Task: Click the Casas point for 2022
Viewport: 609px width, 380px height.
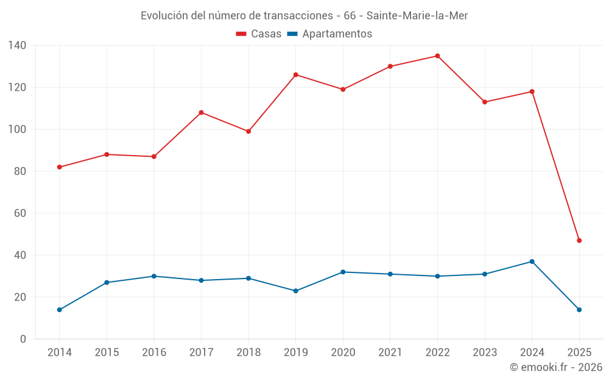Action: pyautogui.click(x=437, y=56)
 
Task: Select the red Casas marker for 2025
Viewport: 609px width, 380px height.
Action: pyautogui.click(x=579, y=241)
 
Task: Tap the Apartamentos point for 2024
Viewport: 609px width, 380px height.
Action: pyautogui.click(x=532, y=261)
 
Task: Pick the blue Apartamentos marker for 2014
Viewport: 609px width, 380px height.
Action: pyautogui.click(x=59, y=310)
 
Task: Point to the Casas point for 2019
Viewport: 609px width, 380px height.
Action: pyautogui.click(x=295, y=75)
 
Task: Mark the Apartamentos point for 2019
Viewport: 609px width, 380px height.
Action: pyautogui.click(x=295, y=291)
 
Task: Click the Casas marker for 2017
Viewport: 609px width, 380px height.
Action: pyautogui.click(x=201, y=112)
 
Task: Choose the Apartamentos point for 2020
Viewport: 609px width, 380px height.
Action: pyautogui.click(x=343, y=272)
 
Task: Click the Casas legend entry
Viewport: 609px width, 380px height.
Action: pyautogui.click(x=259, y=34)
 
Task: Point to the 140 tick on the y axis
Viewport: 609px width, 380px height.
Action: pyautogui.click(x=18, y=46)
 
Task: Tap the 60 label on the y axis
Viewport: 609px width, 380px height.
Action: pyautogui.click(x=20, y=213)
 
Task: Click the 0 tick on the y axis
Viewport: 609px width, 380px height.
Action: pyautogui.click(x=23, y=339)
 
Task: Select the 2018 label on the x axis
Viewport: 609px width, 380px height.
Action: pyautogui.click(x=248, y=353)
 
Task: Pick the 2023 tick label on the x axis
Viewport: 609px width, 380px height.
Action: pyautogui.click(x=485, y=353)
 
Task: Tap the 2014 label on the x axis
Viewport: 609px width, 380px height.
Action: pyautogui.click(x=59, y=353)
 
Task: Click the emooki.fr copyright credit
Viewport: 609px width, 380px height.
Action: pyautogui.click(x=556, y=367)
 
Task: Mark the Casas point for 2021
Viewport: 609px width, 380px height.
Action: pyautogui.click(x=390, y=66)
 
